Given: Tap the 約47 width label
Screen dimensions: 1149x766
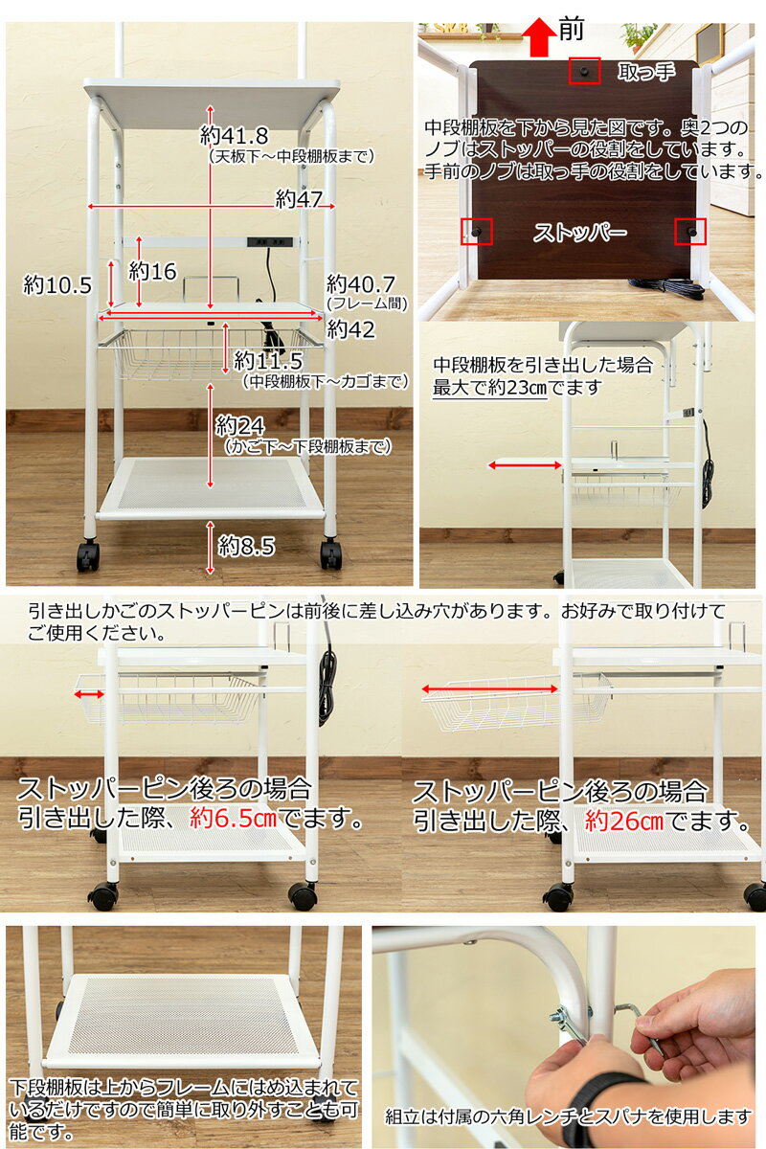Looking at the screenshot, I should tap(299, 199).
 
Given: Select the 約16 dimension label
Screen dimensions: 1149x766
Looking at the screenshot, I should tap(154, 271).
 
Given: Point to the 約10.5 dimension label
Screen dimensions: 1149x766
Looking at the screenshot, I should tap(57, 284).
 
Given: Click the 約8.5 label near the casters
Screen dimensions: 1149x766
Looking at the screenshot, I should tap(246, 546).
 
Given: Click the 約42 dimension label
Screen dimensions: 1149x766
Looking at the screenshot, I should tap(349, 329).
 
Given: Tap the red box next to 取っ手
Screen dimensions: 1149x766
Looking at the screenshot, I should tap(584, 71).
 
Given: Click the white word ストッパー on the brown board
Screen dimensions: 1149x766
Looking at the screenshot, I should tap(579, 233).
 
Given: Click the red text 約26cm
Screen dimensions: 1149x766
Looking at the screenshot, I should tap(624, 822).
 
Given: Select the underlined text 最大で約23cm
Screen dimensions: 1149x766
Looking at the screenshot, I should tap(489, 387).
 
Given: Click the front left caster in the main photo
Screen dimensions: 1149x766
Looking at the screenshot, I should tap(88, 555).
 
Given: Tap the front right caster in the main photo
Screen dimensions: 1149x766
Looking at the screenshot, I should tap(330, 553).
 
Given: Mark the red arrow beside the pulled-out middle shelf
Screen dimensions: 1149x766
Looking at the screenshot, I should tap(525, 465).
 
